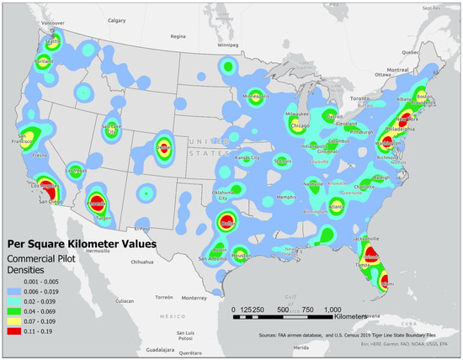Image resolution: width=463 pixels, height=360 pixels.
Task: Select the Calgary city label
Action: [x=116, y=19]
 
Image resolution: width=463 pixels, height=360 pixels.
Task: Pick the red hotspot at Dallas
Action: [x=227, y=222]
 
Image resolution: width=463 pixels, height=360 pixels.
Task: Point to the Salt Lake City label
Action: [x=111, y=128]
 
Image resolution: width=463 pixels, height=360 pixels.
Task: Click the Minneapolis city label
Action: [x=256, y=97]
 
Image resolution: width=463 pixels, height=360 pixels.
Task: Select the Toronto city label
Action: [x=359, y=98]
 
